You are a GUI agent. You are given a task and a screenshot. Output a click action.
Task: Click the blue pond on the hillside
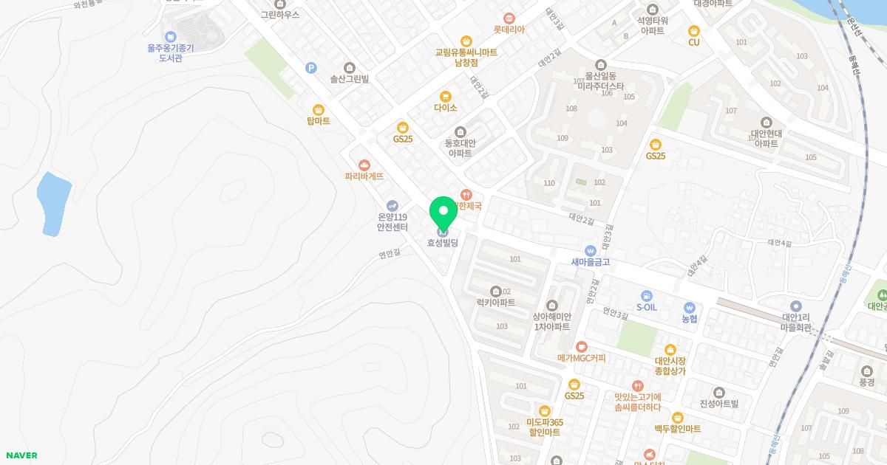pos(53,201)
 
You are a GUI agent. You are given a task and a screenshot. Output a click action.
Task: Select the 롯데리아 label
pos(509,30)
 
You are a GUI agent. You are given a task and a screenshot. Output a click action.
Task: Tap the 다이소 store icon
pos(445,96)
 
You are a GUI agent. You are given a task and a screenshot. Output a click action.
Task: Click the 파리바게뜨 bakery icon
pos(364,165)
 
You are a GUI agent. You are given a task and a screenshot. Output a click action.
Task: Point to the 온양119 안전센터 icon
pos(392,205)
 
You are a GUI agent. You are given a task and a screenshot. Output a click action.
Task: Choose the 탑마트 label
pos(318,121)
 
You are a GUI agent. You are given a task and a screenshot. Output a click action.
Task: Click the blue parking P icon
pos(311,68)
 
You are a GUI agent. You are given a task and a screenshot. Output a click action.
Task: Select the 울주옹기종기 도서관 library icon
pos(171,36)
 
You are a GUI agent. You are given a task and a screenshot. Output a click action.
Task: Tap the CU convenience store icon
pos(693,30)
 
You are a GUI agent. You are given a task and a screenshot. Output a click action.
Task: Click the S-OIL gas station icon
pos(647,295)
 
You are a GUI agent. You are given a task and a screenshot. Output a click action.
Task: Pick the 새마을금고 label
pos(590,262)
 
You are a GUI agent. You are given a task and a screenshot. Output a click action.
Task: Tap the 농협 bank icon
pos(690,307)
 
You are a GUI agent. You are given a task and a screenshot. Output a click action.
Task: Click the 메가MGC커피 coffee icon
pos(581,346)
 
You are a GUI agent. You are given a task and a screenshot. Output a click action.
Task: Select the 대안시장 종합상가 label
pos(670,366)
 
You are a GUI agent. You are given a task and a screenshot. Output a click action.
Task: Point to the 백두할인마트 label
pos(677,429)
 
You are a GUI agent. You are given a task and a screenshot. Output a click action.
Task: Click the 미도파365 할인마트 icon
pos(545,410)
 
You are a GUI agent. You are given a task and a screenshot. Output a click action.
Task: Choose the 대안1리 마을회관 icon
pos(796,306)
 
